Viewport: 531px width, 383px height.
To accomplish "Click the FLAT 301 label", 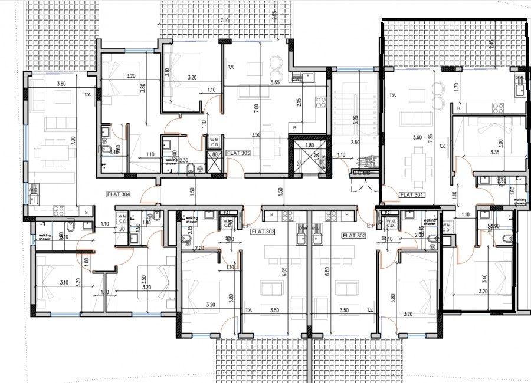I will coord(412,194).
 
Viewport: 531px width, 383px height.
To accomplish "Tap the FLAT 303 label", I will coord(263,232).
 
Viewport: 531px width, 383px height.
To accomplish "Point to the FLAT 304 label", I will coord(119,194).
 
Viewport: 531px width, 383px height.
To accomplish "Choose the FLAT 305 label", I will coord(238,152).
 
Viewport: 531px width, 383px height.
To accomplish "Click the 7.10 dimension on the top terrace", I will coord(224,21).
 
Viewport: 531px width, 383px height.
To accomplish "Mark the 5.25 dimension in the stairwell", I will coord(356,117).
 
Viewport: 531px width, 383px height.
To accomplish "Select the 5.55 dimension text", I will coord(274,83).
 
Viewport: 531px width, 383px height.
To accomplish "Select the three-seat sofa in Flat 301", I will coord(415,118).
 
